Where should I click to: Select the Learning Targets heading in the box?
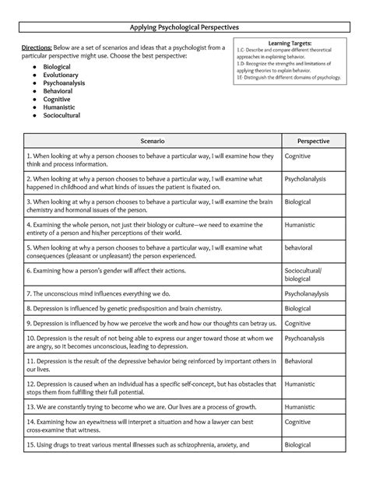click(290, 44)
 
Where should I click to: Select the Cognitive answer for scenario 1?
click(298, 156)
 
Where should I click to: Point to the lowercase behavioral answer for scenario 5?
click(300, 248)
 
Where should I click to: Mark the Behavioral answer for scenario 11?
click(299, 362)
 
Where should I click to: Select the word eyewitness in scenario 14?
click(97, 420)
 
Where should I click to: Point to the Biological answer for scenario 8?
click(298, 308)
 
